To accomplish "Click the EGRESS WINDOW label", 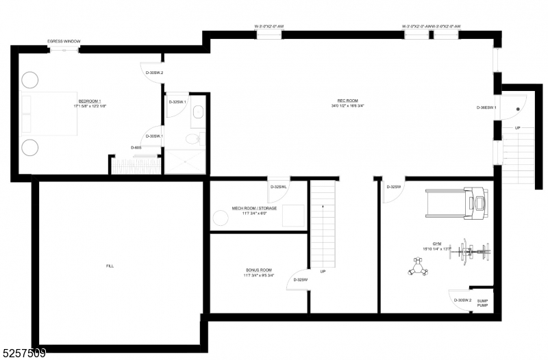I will coord(64,42).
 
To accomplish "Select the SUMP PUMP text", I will coord(482,302).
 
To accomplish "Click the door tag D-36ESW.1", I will coord(487,107).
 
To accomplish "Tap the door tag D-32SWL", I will coord(278,187).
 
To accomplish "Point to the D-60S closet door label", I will coord(136,147).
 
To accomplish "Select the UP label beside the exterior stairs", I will coord(517,128).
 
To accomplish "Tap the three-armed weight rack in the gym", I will coord(417,266).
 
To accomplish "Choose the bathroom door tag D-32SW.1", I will coord(177,103).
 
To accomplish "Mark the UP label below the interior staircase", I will coord(323,272).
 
